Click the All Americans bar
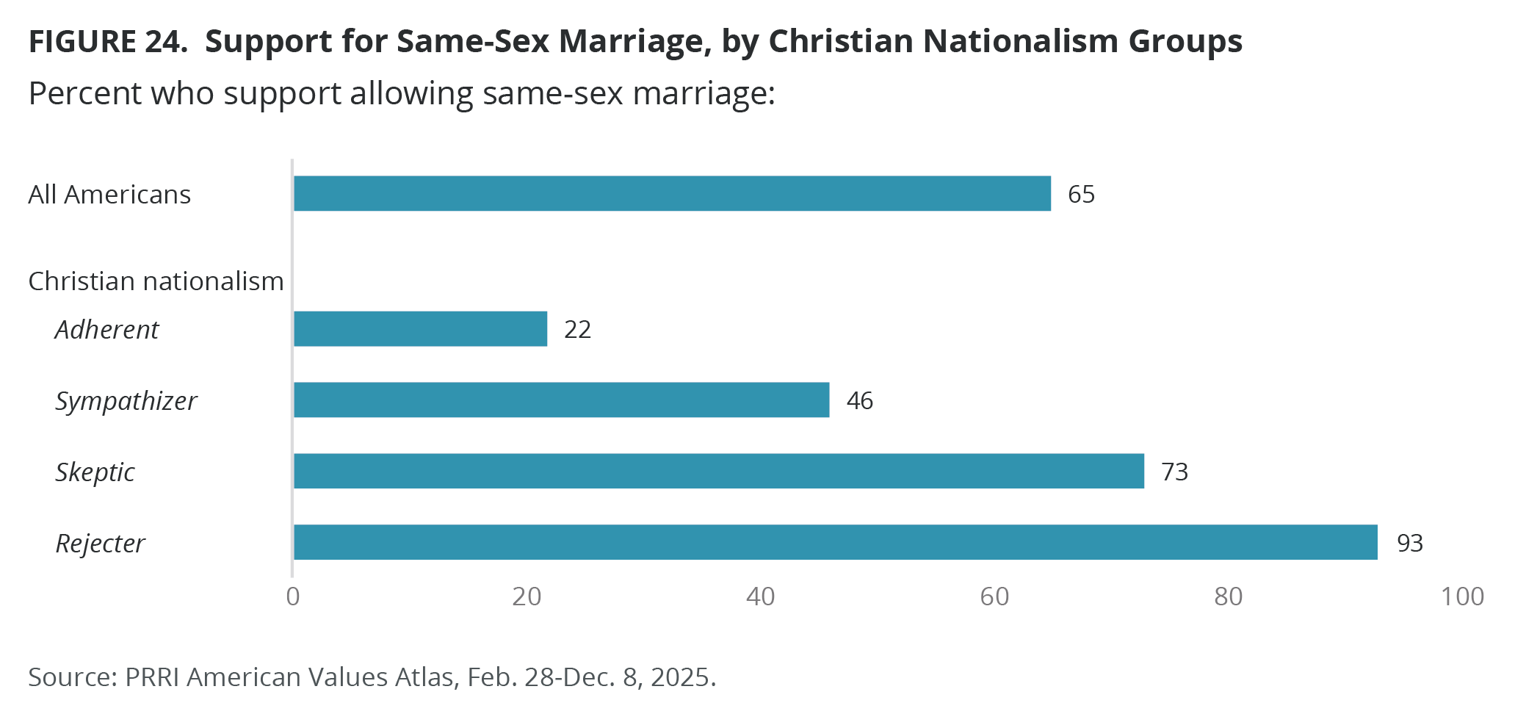(672, 193)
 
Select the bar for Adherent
(420, 328)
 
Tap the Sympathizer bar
(561, 400)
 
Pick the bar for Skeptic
(718, 471)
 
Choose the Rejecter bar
(835, 542)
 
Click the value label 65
(1081, 194)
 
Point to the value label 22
(577, 329)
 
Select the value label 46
(859, 400)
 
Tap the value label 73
(1174, 472)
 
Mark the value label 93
(1409, 543)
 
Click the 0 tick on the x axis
(293, 596)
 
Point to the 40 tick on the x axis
(760, 596)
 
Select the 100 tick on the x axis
(1461, 596)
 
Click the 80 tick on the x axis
(1228, 596)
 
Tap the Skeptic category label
(95, 472)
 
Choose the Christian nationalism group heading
(156, 281)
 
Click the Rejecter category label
(100, 544)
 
